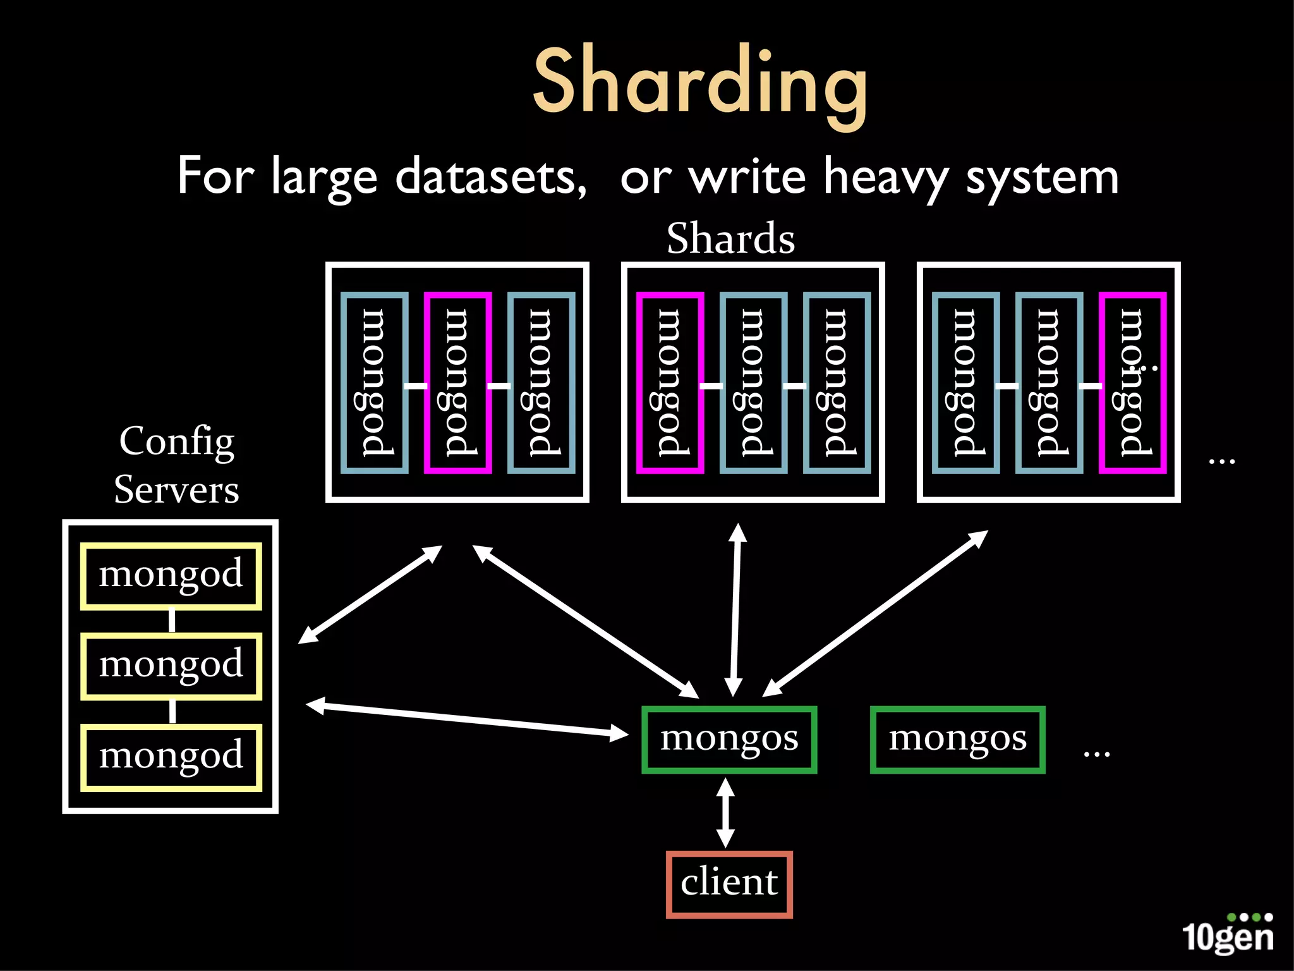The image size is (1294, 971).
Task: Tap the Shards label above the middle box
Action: (730, 239)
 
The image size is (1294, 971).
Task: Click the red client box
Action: (729, 884)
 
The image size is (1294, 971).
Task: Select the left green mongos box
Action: (729, 739)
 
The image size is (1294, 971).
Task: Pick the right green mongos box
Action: (957, 739)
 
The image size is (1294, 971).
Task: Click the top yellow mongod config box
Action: (171, 576)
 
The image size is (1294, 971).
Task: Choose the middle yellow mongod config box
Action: (171, 666)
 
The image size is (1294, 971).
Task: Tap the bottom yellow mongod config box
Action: (171, 757)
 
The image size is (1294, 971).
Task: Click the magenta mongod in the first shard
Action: (457, 382)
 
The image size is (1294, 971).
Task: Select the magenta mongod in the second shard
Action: (670, 382)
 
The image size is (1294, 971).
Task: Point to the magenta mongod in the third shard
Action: (1132, 382)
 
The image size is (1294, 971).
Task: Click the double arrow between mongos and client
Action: (725, 812)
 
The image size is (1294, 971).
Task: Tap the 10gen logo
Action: (1227, 934)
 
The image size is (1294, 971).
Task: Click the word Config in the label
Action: (177, 442)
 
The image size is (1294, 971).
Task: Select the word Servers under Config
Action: (177, 490)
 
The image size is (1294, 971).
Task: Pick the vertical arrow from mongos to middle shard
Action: (735, 610)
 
